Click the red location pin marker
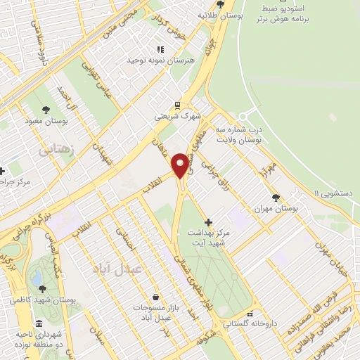tap(181, 165)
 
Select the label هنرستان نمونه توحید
tap(159, 61)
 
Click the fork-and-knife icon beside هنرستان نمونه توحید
tap(160, 49)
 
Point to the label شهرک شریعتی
tap(178, 115)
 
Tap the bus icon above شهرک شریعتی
tap(179, 103)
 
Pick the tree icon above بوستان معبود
tap(46, 110)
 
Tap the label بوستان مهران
tap(276, 210)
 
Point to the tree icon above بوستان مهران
tap(276, 198)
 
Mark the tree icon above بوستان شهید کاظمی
tap(43, 288)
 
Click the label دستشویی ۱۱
tap(335, 193)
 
